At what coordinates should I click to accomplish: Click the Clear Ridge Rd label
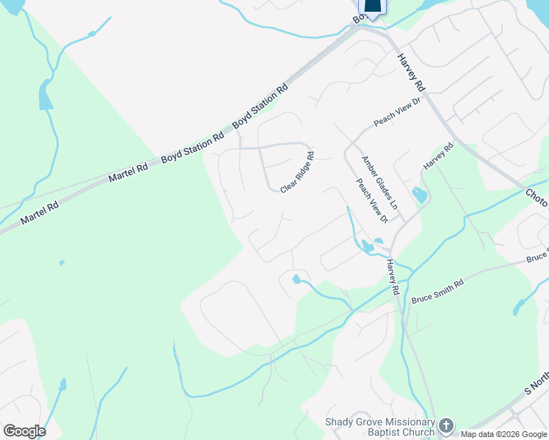pyautogui.click(x=297, y=172)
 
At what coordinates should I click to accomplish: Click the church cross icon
pyautogui.click(x=446, y=425)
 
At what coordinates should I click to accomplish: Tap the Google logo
pyautogui.click(x=24, y=431)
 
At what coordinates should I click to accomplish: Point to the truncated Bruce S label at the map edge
pyautogui.click(x=537, y=257)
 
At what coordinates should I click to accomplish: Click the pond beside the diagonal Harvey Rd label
pyautogui.click(x=419, y=195)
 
